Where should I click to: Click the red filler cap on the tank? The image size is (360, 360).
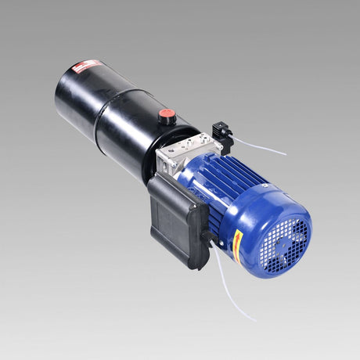(x=166, y=114)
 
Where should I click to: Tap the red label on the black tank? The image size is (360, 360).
(x=87, y=67)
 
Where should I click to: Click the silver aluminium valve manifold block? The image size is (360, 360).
(x=185, y=152)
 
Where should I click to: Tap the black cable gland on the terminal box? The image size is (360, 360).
(x=207, y=235)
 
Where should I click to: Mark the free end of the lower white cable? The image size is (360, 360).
(x=254, y=320)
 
